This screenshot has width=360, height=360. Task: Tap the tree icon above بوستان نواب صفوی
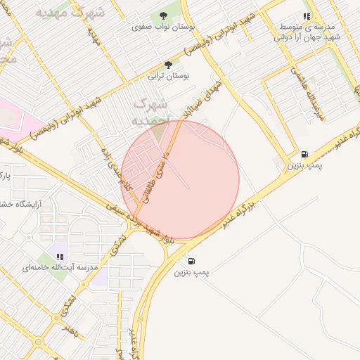pos(163,15)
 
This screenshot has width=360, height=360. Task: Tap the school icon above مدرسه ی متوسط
pos(307,15)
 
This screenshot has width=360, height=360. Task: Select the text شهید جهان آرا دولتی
pos(308,37)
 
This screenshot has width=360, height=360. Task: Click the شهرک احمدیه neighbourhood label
pos(150,112)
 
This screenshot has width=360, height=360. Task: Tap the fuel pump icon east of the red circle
pos(304,154)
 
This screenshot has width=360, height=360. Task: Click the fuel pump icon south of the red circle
pos(191,261)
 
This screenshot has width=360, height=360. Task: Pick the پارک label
pos(6,172)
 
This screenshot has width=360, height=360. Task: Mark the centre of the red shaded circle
pos(180,180)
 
